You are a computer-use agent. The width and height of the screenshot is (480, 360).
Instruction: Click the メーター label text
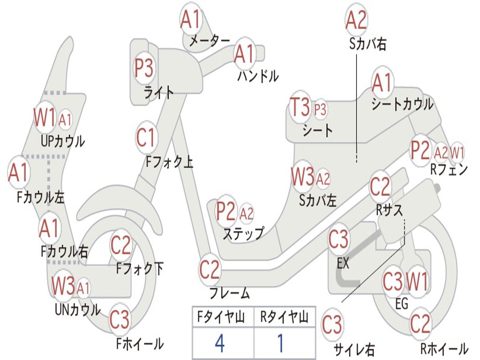[209, 41]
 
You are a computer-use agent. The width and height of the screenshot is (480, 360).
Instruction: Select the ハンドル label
[258, 75]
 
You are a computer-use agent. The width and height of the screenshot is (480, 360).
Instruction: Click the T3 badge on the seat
[300, 108]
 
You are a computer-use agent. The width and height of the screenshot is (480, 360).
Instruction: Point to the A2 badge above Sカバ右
[356, 20]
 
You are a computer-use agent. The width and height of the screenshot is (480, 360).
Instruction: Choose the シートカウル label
[402, 104]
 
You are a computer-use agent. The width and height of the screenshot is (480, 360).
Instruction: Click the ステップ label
[243, 233]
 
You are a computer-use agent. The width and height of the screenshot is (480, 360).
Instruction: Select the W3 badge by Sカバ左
[302, 178]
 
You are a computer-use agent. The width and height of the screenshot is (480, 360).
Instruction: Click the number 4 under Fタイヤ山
[219, 344]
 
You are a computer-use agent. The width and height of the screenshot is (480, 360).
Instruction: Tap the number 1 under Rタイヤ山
[280, 344]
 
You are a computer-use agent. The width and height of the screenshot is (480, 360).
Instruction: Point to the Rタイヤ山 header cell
[284, 318]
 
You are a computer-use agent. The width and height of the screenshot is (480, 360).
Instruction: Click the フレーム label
[230, 294]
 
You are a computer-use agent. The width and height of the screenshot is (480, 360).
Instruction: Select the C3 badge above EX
[338, 240]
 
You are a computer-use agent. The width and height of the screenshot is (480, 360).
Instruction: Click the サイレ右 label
[354, 349]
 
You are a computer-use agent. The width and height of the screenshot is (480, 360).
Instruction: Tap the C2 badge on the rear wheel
[420, 323]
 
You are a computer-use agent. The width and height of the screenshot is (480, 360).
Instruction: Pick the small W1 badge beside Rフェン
[457, 152]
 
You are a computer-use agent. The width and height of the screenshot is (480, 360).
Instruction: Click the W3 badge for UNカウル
[63, 286]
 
